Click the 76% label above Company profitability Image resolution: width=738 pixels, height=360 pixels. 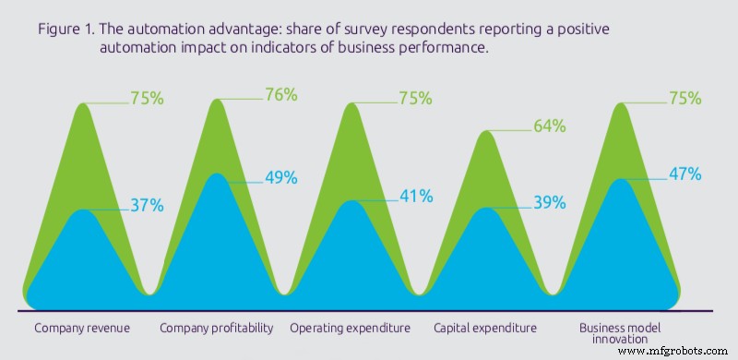coord(279,94)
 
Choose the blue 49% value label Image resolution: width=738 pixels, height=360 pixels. coord(279,178)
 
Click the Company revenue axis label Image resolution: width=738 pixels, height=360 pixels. coord(82,328)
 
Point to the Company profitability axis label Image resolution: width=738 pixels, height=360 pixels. coord(217,328)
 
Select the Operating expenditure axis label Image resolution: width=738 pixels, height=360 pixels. coord(351,328)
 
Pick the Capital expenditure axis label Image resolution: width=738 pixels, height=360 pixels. coord(485,328)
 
